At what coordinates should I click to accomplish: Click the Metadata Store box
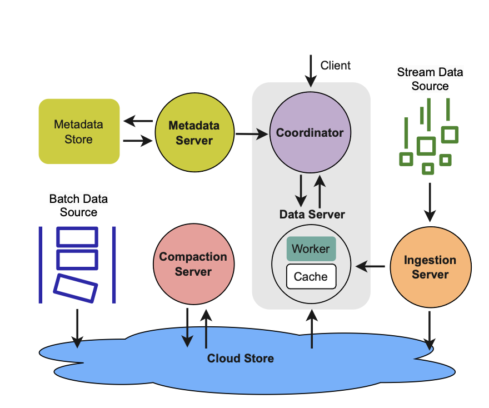[79, 131]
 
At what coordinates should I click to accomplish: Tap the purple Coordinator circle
[310, 133]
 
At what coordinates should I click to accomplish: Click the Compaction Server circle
[193, 264]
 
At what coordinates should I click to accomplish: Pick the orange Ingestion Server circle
[430, 267]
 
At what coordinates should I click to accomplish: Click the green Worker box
[311, 249]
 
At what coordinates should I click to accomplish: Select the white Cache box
[311, 276]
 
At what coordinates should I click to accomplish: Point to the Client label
[335, 66]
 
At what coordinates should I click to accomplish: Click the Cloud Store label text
[240, 359]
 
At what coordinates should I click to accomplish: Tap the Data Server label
[312, 215]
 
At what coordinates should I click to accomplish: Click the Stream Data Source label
[430, 79]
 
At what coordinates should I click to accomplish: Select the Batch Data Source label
[78, 205]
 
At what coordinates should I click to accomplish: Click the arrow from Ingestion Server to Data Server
[370, 267]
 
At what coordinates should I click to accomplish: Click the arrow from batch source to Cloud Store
[77, 328]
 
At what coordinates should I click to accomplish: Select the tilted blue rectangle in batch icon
[76, 288]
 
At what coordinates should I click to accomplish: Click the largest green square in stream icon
[426, 146]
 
